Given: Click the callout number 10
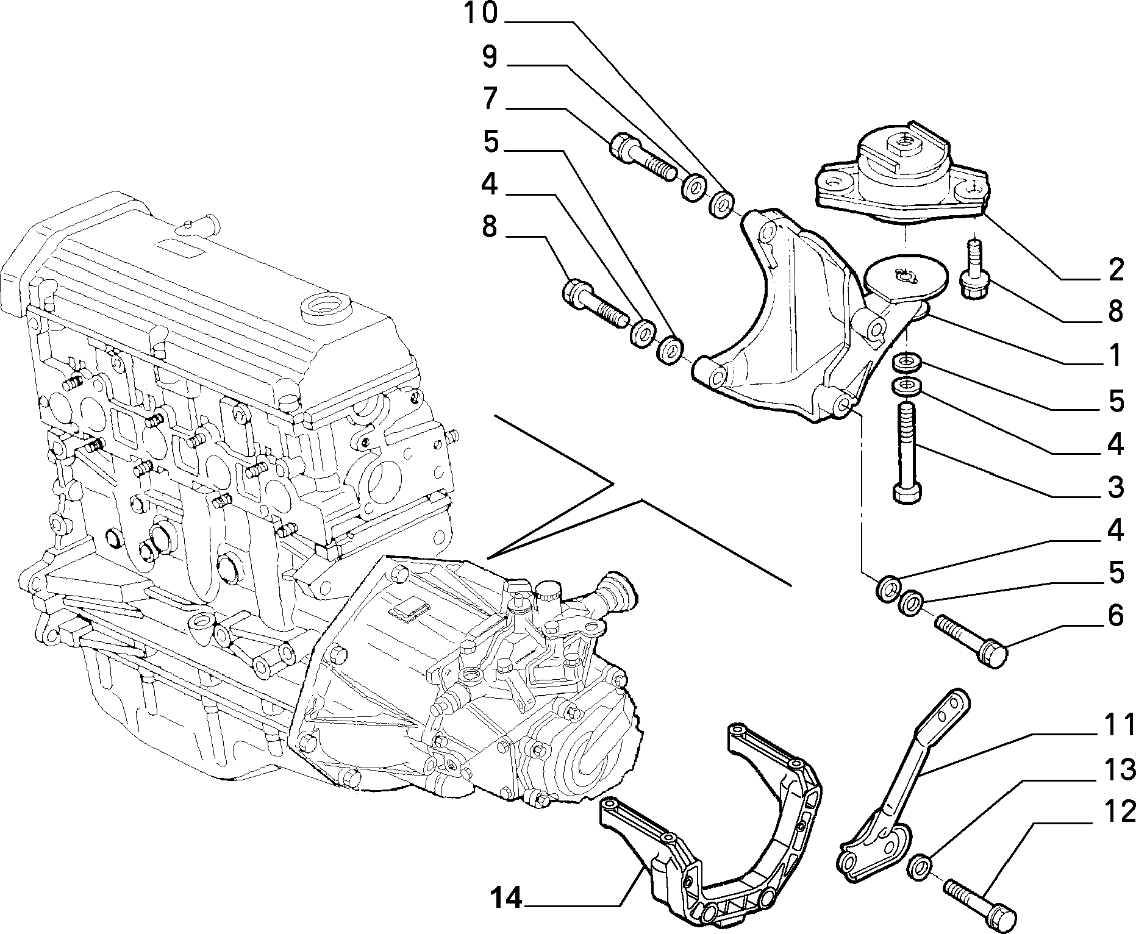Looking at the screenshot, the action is (481, 13).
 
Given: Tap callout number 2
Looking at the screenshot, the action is (1115, 270).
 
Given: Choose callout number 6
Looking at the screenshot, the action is (1116, 616).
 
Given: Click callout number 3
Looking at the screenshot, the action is (1115, 487).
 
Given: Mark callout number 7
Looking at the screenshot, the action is (490, 99).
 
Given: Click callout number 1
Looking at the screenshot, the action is (1115, 355).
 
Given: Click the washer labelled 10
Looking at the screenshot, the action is (721, 203).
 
